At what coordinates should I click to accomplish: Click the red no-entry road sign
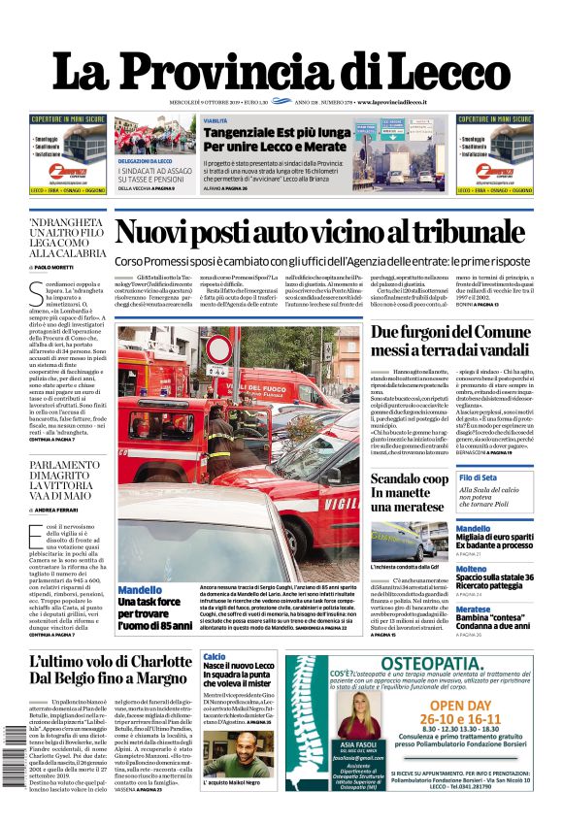coord(219,347)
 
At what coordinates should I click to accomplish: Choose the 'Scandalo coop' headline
coord(410,478)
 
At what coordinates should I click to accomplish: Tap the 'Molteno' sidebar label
coord(472,569)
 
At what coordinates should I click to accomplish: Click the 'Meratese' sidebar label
coord(474,610)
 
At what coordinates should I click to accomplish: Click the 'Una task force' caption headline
coord(149,602)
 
